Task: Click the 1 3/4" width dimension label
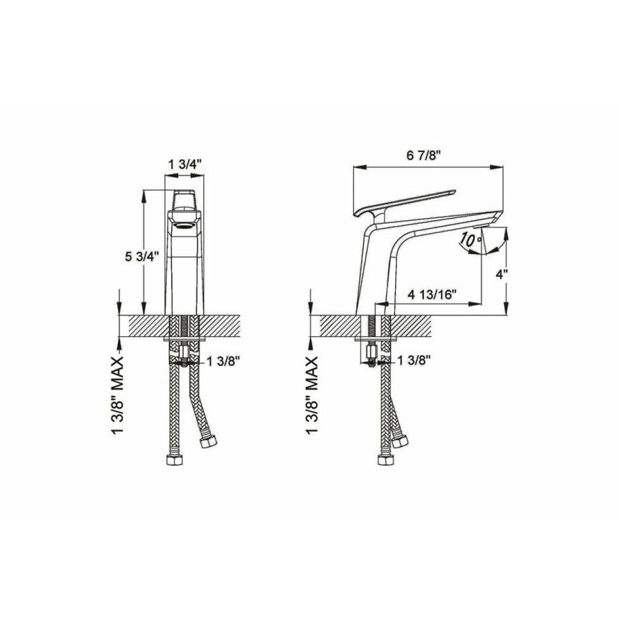click(x=184, y=165)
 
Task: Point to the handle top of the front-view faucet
click(x=185, y=199)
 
